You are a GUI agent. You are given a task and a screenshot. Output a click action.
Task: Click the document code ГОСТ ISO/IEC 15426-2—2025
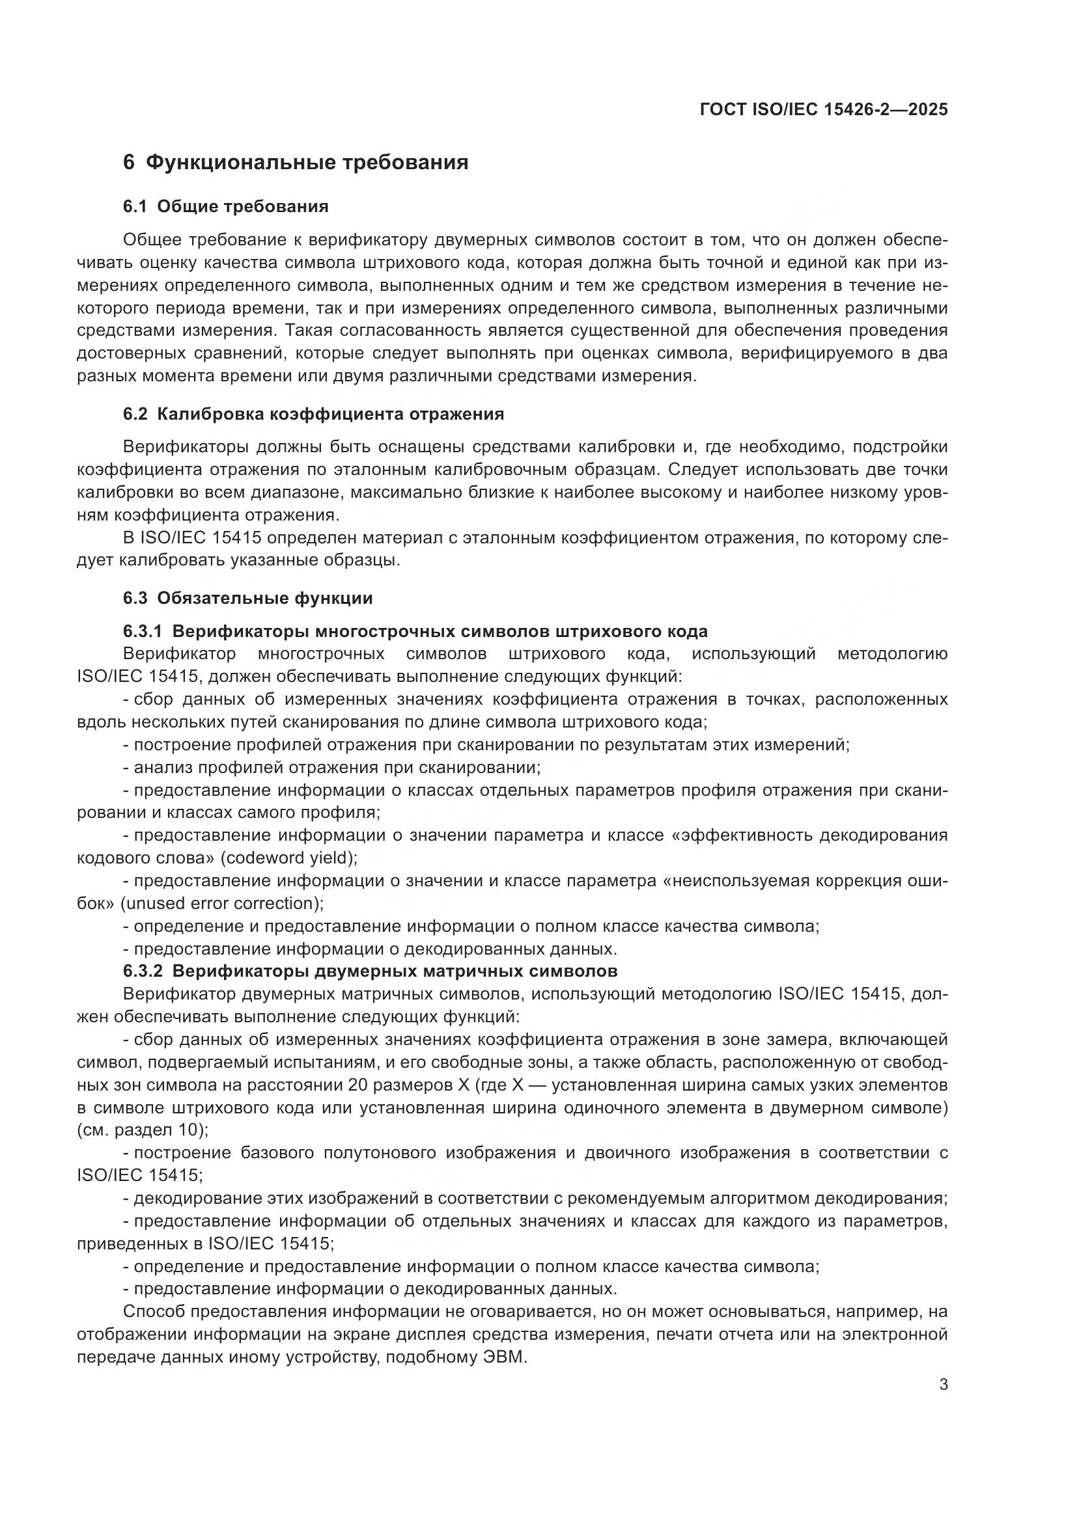tap(824, 109)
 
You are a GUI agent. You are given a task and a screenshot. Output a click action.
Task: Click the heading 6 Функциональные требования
tap(296, 163)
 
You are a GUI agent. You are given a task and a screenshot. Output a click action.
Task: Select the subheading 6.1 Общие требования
tap(225, 206)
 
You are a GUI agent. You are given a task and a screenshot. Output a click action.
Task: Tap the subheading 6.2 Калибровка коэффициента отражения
tap(313, 414)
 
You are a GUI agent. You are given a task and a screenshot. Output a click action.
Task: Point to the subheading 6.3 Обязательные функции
tap(247, 598)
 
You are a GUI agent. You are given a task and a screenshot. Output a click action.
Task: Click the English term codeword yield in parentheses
tap(288, 858)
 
